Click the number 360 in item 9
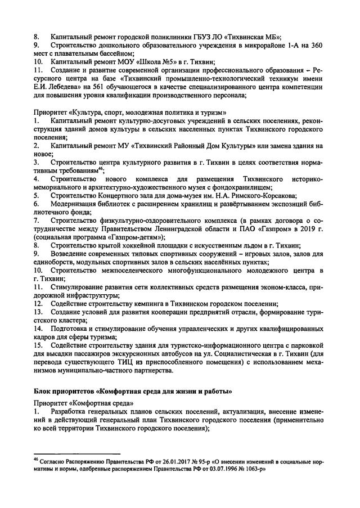[318, 44]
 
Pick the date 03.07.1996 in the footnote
[233, 468]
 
